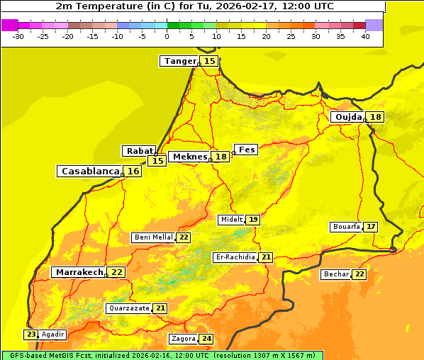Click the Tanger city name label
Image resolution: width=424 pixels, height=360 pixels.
(179, 61)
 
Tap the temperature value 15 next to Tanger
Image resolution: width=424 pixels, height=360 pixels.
(210, 62)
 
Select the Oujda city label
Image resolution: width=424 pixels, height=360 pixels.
(348, 117)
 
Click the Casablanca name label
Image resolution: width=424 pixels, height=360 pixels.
(89, 171)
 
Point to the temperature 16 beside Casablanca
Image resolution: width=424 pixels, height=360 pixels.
(133, 171)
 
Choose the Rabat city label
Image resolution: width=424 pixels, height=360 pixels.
(139, 151)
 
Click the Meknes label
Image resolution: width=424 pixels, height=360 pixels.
(190, 157)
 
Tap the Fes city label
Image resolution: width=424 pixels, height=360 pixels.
(247, 150)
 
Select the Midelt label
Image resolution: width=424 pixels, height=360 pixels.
(231, 220)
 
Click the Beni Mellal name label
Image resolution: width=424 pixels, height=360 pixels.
(153, 237)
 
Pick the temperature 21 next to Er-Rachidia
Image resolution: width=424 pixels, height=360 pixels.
(266, 257)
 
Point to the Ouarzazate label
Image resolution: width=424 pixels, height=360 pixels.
(128, 308)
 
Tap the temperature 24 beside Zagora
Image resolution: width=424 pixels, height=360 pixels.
(206, 339)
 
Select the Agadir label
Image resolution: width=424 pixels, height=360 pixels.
(53, 334)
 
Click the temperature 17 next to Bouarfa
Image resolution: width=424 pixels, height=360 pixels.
(371, 227)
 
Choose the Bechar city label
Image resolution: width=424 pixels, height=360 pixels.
(336, 274)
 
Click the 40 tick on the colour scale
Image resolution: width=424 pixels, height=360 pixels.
(365, 36)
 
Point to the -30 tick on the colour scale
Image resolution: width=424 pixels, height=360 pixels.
(18, 36)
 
